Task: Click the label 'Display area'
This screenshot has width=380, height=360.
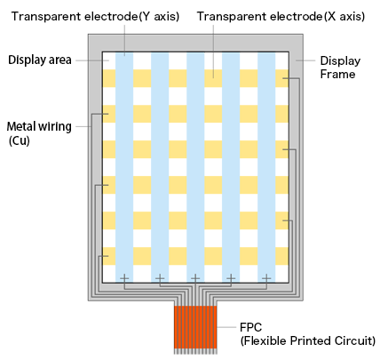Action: pos(40,60)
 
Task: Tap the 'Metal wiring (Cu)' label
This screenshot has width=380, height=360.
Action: pos(39,133)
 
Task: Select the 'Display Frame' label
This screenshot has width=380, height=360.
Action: pos(340,68)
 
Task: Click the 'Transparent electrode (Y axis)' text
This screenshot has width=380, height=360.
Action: pos(95,16)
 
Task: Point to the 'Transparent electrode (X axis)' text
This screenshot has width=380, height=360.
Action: pos(281,16)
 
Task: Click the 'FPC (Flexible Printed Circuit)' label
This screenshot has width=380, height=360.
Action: pos(308,334)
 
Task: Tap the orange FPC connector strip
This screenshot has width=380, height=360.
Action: pos(195,327)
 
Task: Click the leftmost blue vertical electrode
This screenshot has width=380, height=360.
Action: pos(124,167)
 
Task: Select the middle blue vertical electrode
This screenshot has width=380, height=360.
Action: pos(195,167)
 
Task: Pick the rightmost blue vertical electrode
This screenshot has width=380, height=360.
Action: pos(266,167)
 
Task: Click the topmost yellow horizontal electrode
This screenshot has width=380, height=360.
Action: pos(195,78)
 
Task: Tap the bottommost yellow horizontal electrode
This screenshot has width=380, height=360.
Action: pos(195,256)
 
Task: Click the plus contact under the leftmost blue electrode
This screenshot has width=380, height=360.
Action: pos(124,278)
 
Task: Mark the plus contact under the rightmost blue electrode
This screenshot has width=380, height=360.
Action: pos(266,278)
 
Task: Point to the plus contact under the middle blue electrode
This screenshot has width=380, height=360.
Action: pos(195,278)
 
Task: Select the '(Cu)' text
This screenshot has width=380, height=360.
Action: pos(20,140)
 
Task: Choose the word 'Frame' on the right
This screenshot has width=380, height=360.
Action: pos(337,74)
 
